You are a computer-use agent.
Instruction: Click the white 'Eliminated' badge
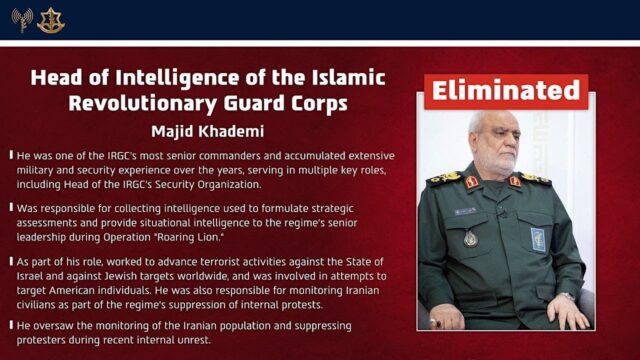(x=505, y=92)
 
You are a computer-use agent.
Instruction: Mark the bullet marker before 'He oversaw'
(x=10, y=327)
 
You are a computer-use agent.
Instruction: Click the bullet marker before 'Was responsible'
(x=10, y=200)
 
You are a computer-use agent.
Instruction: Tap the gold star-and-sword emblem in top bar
(x=50, y=18)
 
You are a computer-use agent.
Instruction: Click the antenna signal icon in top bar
(x=21, y=18)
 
